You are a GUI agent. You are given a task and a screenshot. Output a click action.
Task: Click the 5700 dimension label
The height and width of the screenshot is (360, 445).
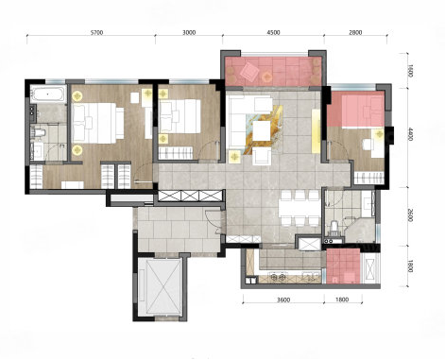(x=96, y=32)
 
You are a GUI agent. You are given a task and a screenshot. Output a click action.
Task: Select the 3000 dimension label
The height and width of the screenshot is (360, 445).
(x=189, y=32)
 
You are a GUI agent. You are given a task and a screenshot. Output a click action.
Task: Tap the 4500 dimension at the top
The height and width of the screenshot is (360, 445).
(x=273, y=32)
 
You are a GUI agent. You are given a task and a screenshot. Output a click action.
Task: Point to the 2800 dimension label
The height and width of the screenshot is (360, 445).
(x=355, y=32)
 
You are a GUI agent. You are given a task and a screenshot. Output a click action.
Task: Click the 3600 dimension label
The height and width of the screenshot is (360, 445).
(x=283, y=300)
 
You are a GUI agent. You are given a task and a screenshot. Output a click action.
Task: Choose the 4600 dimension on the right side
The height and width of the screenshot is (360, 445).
(x=410, y=134)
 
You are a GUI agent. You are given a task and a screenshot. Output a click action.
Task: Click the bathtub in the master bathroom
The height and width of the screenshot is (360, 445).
(x=48, y=94)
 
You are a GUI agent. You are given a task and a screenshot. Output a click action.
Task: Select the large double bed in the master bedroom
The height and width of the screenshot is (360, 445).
(x=97, y=123)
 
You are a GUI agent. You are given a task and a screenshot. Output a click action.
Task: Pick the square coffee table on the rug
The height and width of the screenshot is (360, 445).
(x=262, y=130)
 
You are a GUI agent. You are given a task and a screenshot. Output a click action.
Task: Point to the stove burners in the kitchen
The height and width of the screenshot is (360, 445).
(x=279, y=278)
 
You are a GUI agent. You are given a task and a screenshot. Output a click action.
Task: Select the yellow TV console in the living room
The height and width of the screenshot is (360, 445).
(x=316, y=130)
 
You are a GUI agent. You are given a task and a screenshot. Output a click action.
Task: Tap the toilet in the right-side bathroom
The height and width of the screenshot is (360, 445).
(x=334, y=228)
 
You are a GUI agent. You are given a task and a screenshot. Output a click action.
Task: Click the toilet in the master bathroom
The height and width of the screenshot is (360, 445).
(x=39, y=132)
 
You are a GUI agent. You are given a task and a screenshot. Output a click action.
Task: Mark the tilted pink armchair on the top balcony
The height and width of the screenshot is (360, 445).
(x=249, y=72)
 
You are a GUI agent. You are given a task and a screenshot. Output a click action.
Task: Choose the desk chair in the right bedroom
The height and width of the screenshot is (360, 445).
(x=367, y=145)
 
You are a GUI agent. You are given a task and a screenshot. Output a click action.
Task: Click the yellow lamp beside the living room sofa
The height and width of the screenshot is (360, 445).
(x=234, y=157)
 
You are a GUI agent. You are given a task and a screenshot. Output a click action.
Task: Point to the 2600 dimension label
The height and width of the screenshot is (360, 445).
(x=410, y=215)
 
